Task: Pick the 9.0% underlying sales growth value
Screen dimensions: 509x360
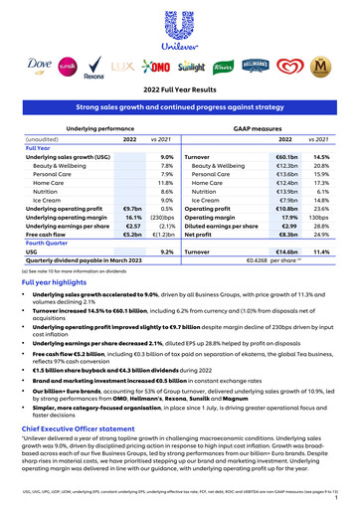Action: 166,157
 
